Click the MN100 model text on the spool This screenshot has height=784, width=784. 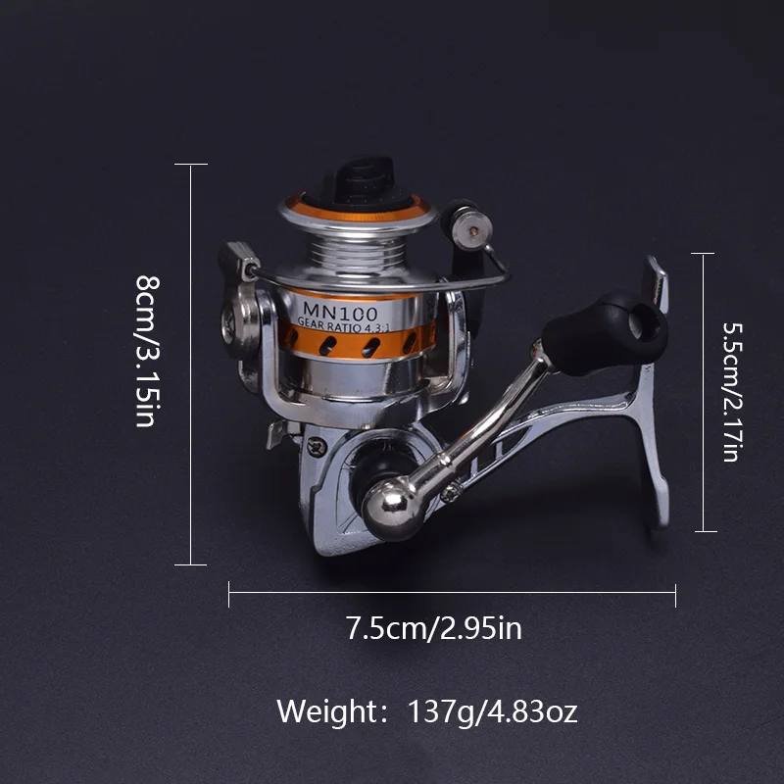pos(340,312)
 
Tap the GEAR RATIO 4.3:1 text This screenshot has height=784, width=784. pos(344,326)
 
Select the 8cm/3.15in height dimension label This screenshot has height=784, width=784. pos(148,351)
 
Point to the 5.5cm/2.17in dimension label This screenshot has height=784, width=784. pos(732,392)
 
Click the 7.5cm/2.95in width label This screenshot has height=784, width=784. pos(433,628)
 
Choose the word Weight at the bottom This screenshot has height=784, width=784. pos(327,711)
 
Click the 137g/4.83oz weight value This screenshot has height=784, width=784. pos(493,712)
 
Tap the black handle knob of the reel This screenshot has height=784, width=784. pos(606,332)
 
